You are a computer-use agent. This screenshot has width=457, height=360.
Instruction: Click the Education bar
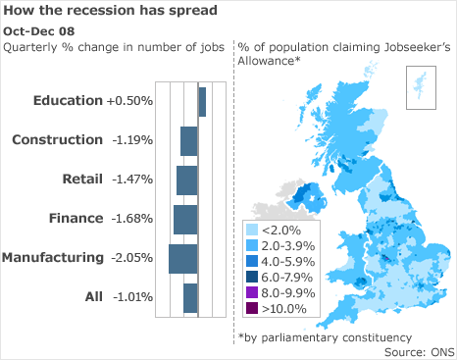pyautogui.click(x=202, y=101)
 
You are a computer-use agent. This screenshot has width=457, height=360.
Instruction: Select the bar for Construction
pyautogui.click(x=188, y=140)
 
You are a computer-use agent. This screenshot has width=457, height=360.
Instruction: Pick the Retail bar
pyautogui.click(x=186, y=180)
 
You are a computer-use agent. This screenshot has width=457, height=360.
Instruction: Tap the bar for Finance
pyautogui.click(x=185, y=219)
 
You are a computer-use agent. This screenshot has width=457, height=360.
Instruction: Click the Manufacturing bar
pyautogui.click(x=182, y=258)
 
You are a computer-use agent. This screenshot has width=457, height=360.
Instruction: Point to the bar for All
pyautogui.click(x=190, y=297)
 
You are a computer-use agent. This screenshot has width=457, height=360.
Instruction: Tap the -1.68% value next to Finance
pyautogui.click(x=132, y=219)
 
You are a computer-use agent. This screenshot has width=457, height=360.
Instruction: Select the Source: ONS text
pyautogui.click(x=417, y=351)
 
